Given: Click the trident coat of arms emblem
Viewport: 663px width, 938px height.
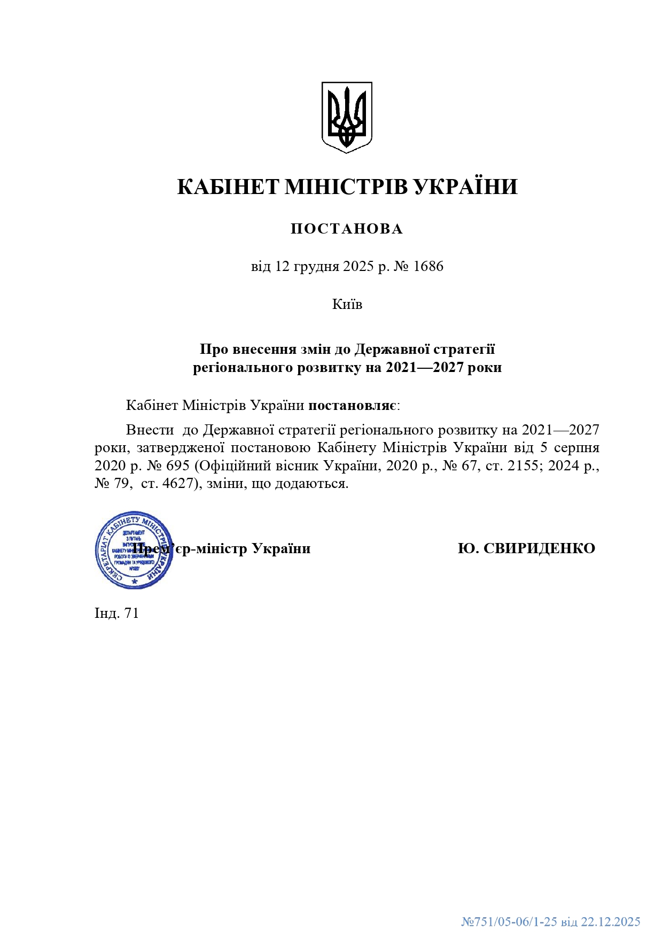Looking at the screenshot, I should pyautogui.click(x=346, y=117).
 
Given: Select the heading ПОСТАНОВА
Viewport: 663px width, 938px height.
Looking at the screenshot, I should pyautogui.click(x=347, y=229).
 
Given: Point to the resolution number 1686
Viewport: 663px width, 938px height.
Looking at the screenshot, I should pyautogui.click(x=428, y=266).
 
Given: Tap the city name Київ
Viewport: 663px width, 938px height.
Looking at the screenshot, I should pyautogui.click(x=347, y=304).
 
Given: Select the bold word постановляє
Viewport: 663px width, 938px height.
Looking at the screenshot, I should pyautogui.click(x=353, y=405).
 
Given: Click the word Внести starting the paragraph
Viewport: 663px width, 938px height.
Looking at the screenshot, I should pyautogui.click(x=150, y=430).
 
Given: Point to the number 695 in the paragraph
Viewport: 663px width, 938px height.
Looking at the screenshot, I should pyautogui.click(x=178, y=466).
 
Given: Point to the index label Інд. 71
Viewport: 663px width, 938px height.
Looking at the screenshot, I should pyautogui.click(x=116, y=613).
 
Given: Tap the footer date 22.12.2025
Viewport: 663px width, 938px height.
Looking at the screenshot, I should pyautogui.click(x=610, y=921).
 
